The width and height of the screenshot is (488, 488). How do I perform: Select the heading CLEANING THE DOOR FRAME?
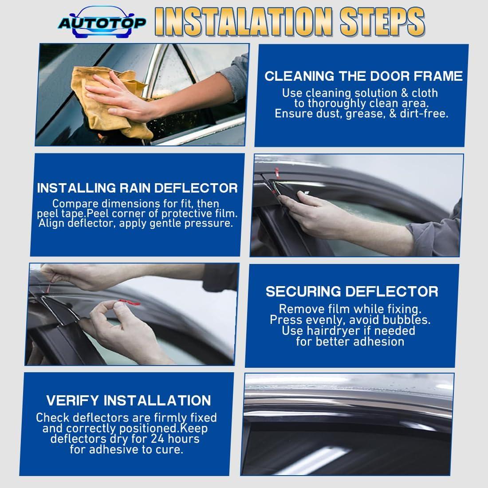(x=363, y=76)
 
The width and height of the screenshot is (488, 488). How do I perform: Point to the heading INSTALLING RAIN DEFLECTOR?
(x=137, y=188)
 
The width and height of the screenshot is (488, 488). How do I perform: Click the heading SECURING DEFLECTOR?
(x=352, y=291)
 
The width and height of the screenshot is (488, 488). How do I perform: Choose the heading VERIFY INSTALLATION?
(x=129, y=401)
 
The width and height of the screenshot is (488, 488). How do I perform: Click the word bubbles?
(x=408, y=319)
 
